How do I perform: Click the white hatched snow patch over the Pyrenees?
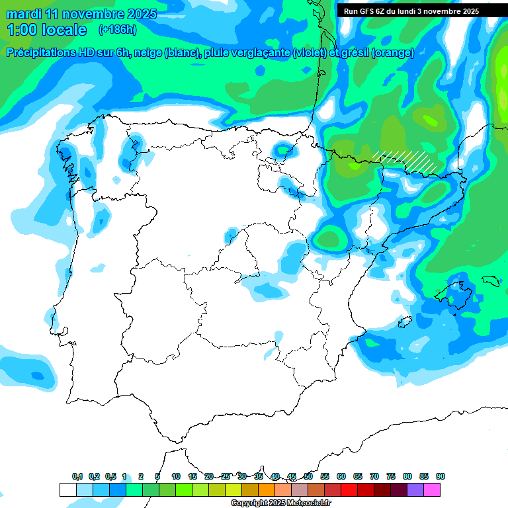coord(405,160)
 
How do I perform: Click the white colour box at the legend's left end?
coord(68,490)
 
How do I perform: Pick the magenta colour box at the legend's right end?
coord(432,490)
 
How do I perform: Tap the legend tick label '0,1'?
coord(77,476)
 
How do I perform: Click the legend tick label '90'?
coord(440,476)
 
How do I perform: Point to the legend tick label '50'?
coord(308,476)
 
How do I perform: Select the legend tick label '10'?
coord(176,476)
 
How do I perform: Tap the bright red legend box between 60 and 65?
coord(349,490)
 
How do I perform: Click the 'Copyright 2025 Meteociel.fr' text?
coord(280,503)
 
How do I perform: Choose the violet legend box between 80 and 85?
coord(415,490)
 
